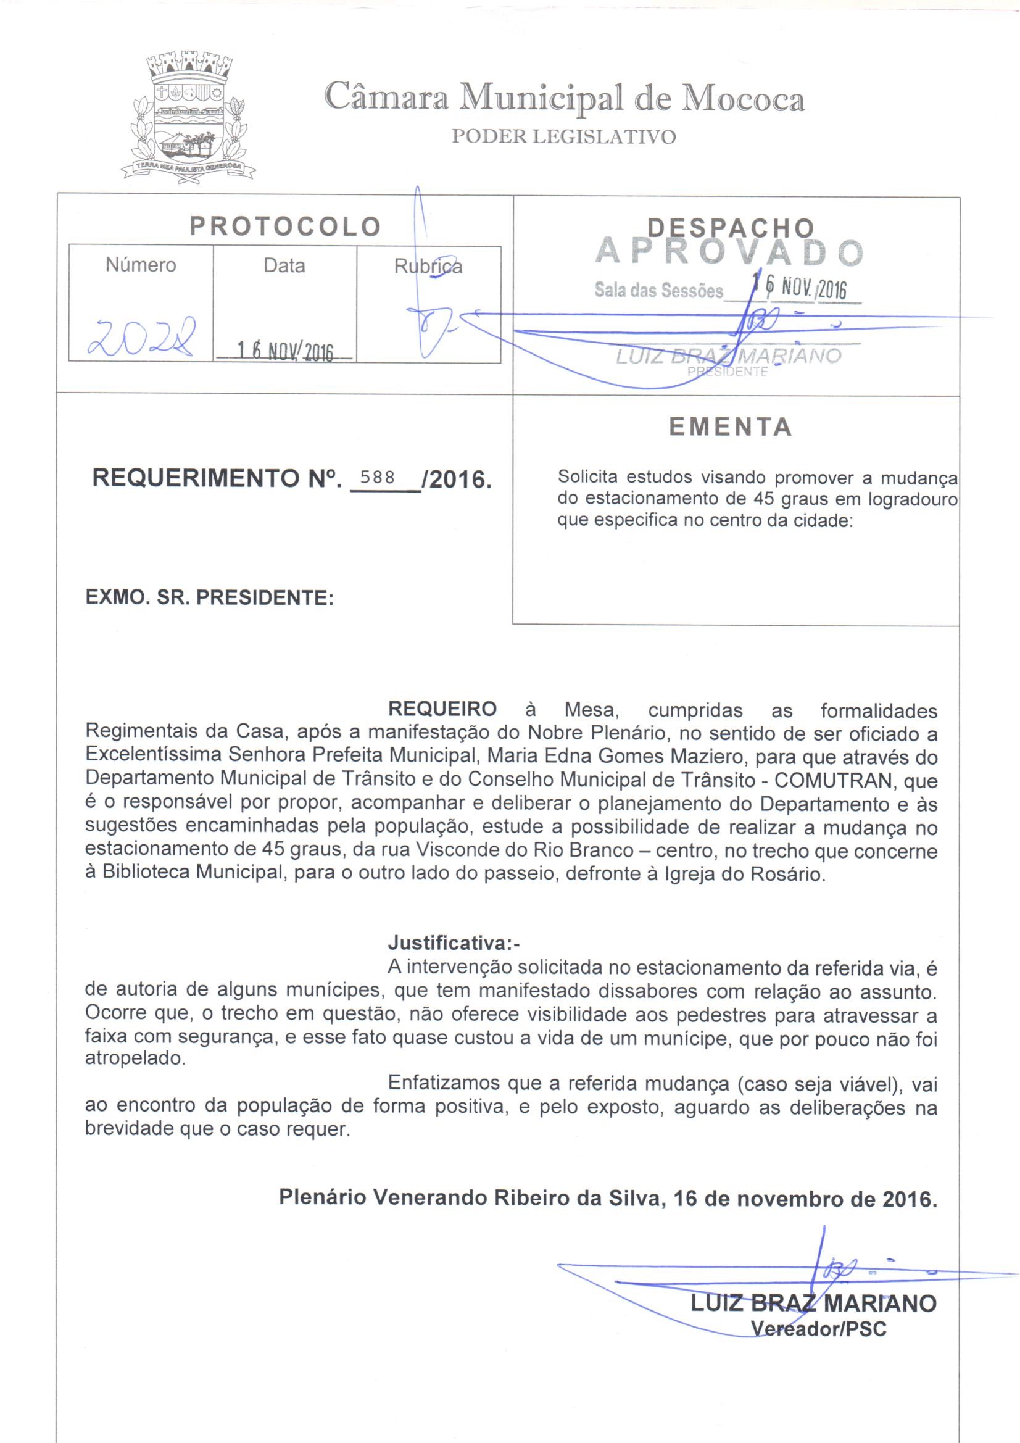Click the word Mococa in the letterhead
(744, 99)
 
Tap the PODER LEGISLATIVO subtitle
(564, 137)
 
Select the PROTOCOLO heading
(285, 227)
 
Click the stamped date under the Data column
(284, 352)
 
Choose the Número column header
(141, 265)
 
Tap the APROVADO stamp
(729, 252)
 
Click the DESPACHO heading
(731, 228)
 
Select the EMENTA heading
(729, 426)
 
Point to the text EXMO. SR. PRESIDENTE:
(209, 597)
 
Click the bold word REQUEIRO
(442, 710)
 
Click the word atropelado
(135, 1059)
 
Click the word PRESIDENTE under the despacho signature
(728, 372)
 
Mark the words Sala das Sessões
(658, 291)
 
